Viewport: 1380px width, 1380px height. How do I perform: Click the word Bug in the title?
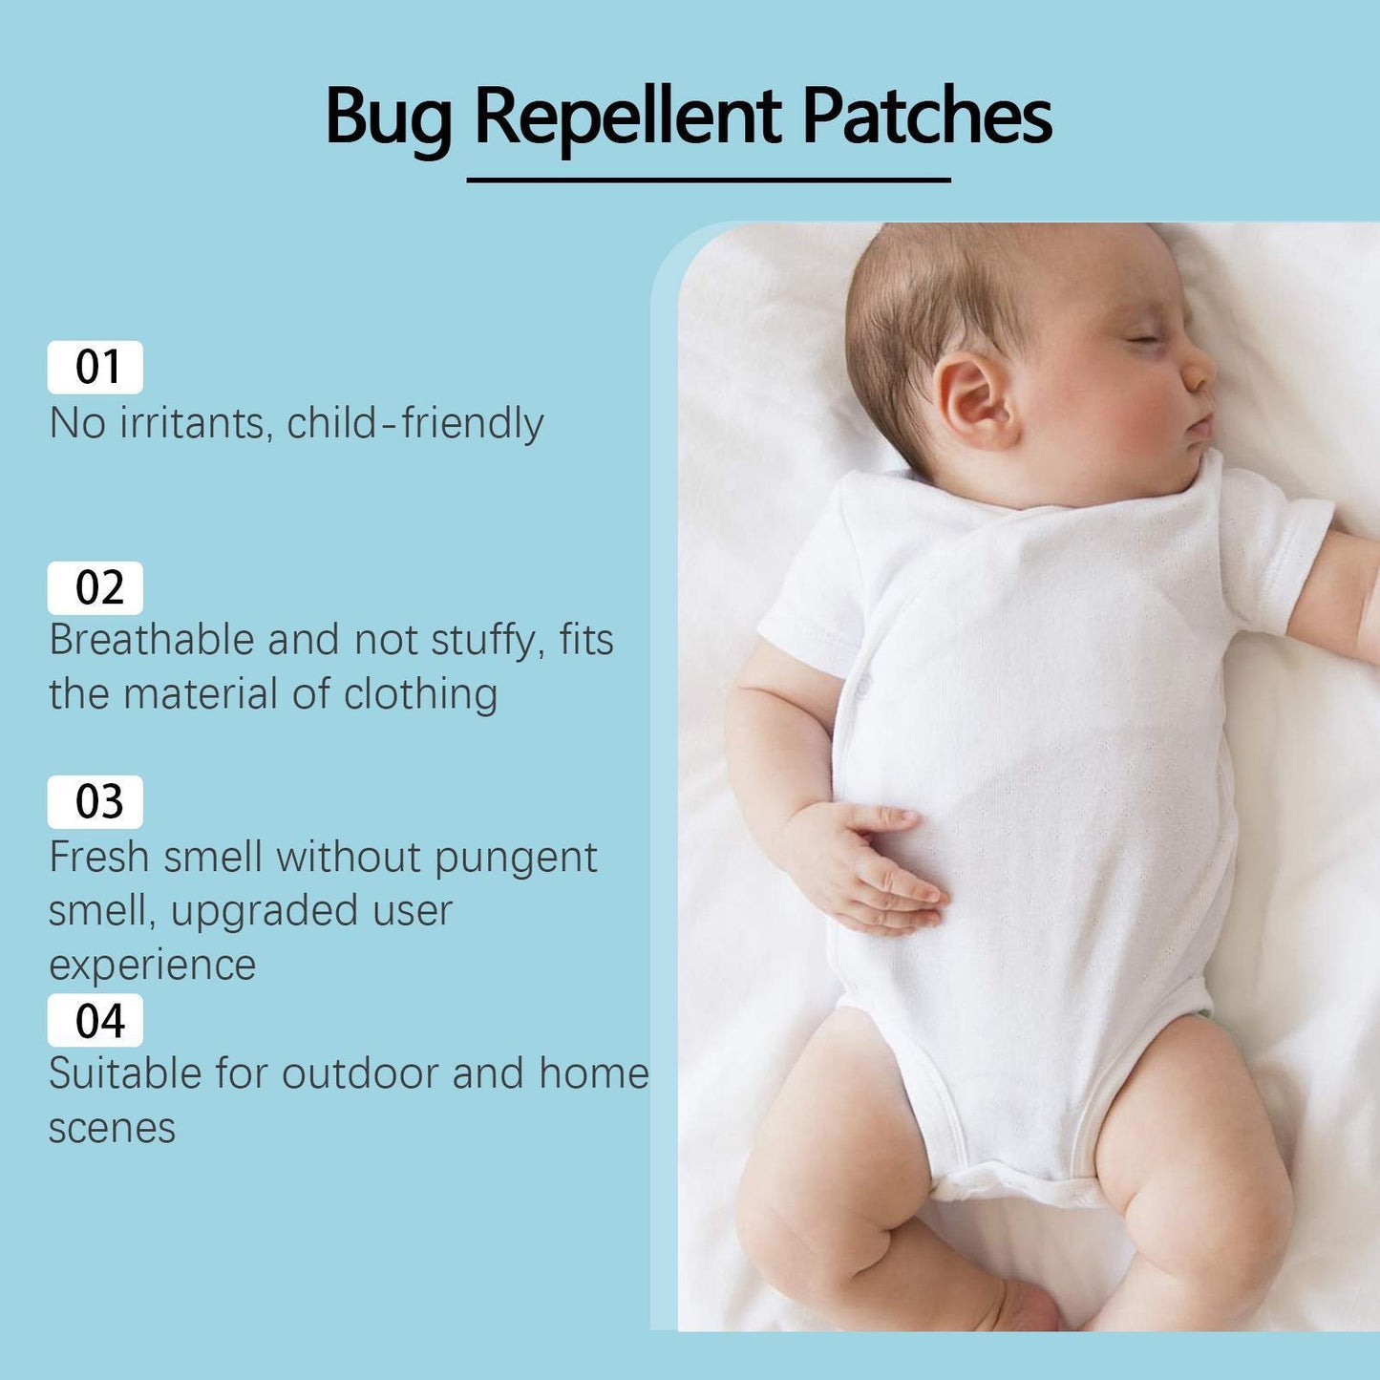388,117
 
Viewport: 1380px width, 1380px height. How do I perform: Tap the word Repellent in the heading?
627,117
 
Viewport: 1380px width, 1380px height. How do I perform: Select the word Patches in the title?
925,116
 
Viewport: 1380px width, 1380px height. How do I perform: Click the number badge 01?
96,367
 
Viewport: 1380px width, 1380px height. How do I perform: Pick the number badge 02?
96,587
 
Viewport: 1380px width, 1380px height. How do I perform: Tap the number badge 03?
96,801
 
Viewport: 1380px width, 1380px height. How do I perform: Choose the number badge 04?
96,1020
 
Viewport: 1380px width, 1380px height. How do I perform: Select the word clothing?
420,694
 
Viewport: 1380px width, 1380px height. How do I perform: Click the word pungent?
516,859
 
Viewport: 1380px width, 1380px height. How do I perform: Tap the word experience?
152,965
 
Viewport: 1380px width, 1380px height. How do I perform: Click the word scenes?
112,1128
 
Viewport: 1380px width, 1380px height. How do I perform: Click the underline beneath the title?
708,180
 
